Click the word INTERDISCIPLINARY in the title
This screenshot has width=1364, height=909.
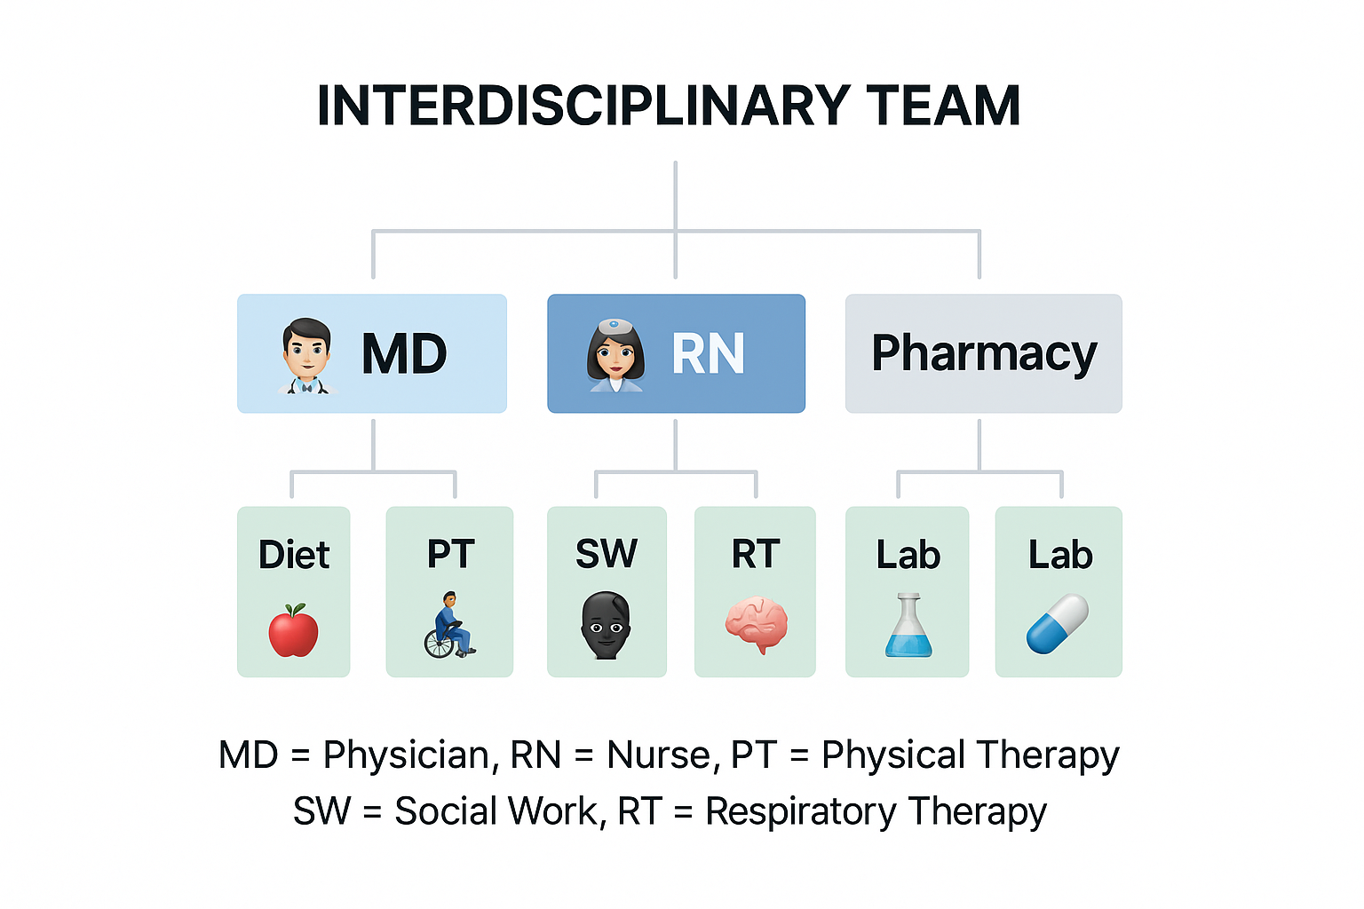click(x=583, y=107)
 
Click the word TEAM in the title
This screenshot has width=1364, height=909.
click(x=943, y=107)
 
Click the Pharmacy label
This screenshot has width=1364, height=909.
click(x=984, y=353)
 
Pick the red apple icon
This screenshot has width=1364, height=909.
click(x=294, y=630)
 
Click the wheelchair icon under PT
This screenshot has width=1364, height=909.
click(x=449, y=625)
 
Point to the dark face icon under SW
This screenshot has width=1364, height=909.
click(x=606, y=625)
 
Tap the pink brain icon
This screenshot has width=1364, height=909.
click(x=757, y=625)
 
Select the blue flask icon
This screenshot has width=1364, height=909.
click(x=908, y=625)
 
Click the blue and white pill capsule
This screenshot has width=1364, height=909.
click(x=1058, y=624)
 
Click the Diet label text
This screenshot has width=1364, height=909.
click(x=294, y=555)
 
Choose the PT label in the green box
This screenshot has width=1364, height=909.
click(x=450, y=554)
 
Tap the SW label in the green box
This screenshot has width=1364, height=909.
click(x=607, y=554)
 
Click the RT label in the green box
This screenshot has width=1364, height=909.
click(x=756, y=554)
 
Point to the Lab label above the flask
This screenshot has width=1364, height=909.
click(x=908, y=555)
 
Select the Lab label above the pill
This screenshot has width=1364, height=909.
click(x=1060, y=555)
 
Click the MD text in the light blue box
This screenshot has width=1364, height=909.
click(x=404, y=354)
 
